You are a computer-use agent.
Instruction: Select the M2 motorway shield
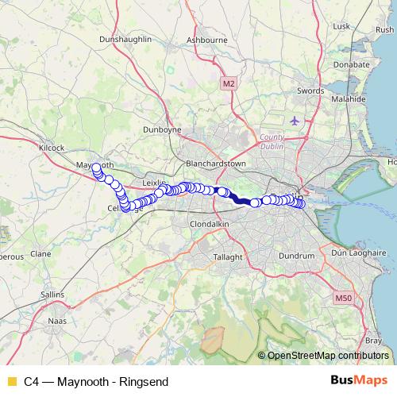[x=229, y=83]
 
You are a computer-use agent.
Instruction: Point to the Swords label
[x=310, y=91]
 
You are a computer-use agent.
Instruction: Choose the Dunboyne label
[x=161, y=129]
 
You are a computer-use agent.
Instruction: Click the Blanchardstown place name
[x=215, y=164]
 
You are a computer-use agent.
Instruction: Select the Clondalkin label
[x=210, y=224]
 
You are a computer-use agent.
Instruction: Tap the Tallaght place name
[x=231, y=257]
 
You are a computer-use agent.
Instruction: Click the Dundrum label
[x=297, y=256]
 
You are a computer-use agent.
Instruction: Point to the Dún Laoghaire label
[x=356, y=251]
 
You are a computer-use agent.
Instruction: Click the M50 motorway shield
[x=343, y=298]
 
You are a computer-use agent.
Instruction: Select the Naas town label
[x=58, y=321]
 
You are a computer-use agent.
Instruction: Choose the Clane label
[x=40, y=254]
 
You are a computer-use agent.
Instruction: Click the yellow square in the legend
[x=11, y=382]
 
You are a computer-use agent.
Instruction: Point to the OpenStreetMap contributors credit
[x=327, y=356]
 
